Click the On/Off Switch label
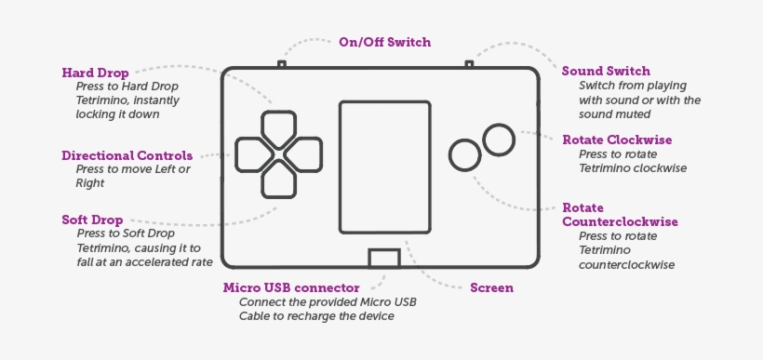tap(384, 42)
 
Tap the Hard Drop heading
tap(95, 72)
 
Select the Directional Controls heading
tap(127, 155)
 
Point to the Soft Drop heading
tap(92, 220)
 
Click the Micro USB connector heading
tap(290, 287)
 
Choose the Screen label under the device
tap(491, 287)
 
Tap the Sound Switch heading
tap(606, 71)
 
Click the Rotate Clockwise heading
tap(617, 140)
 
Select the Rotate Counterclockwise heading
tap(620, 215)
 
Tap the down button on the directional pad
tap(278, 179)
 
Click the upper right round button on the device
tap(500, 140)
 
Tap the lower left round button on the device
tap(463, 154)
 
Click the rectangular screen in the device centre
tap(383, 167)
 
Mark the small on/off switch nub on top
tap(281, 64)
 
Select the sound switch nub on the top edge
tap(469, 64)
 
